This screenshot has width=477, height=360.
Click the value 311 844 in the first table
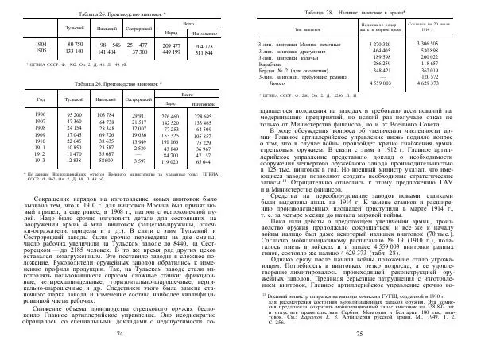tap(206, 52)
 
